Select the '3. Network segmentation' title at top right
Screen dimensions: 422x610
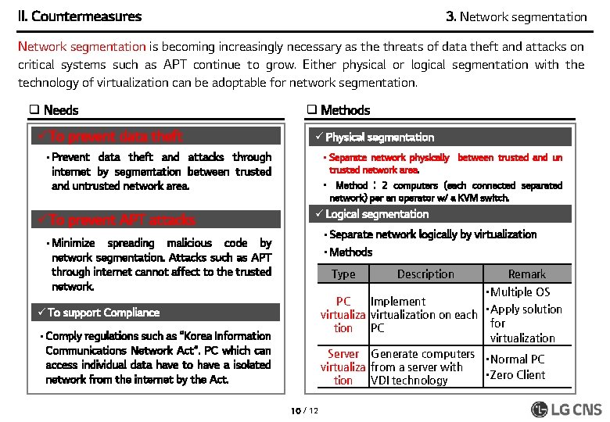click(515, 16)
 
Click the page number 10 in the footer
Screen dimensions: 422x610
click(296, 410)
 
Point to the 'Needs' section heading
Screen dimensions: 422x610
click(54, 110)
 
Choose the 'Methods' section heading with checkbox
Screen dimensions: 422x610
click(338, 110)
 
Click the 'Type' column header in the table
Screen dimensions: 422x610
click(343, 274)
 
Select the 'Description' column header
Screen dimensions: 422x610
click(425, 274)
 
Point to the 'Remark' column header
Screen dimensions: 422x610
click(526, 274)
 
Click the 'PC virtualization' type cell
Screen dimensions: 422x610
click(343, 315)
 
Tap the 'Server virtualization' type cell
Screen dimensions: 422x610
click(343, 367)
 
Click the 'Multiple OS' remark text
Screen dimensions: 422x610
click(519, 292)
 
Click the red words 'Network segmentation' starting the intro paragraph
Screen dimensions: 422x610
click(82, 47)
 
